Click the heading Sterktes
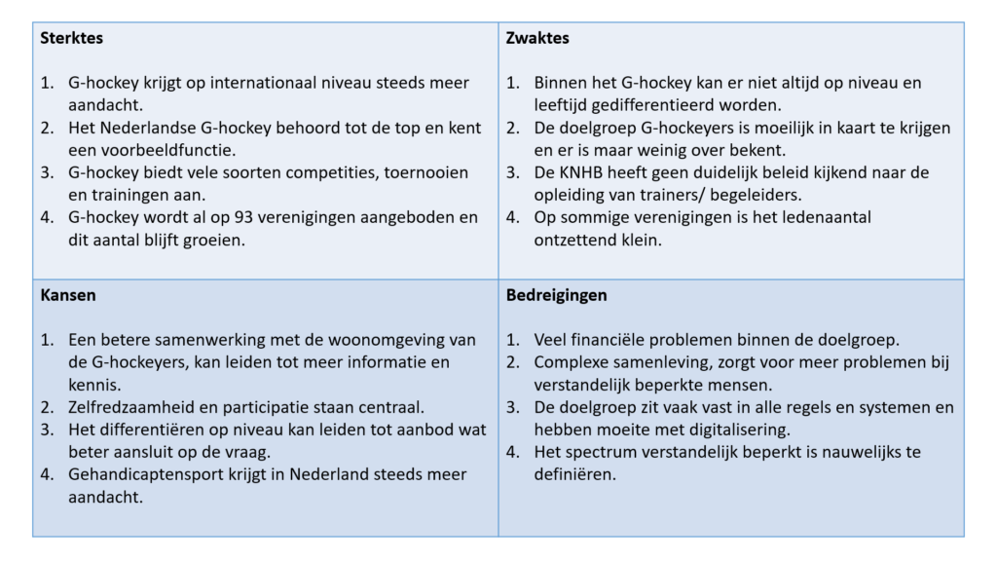click(72, 39)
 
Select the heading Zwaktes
click(537, 39)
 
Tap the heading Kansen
click(67, 295)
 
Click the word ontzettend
click(577, 240)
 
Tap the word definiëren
click(574, 474)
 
